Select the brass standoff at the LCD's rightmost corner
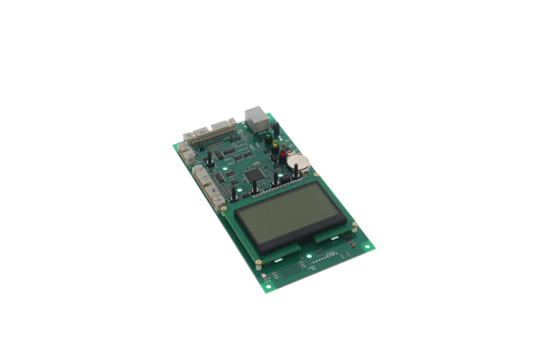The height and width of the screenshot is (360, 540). (355, 225)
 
